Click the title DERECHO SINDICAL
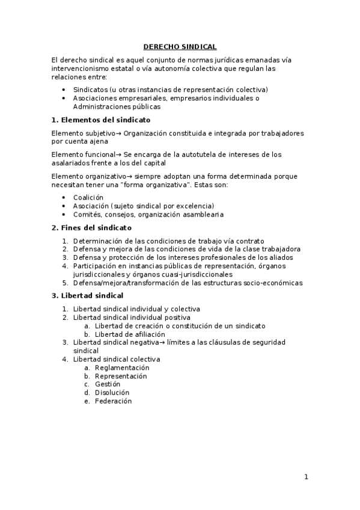point(180,46)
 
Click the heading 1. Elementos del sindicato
point(101,120)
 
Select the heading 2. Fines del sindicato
point(91,228)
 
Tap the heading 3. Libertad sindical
point(87,295)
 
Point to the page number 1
point(306,478)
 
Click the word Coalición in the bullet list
point(88,197)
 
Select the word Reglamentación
point(122,367)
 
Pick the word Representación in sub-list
point(121,376)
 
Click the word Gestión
point(108,384)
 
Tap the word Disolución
point(112,393)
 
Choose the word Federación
point(113,401)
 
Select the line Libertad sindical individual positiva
point(132,317)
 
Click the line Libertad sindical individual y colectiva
point(136,309)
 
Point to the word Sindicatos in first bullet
point(90,90)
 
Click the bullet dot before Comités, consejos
point(64,214)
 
